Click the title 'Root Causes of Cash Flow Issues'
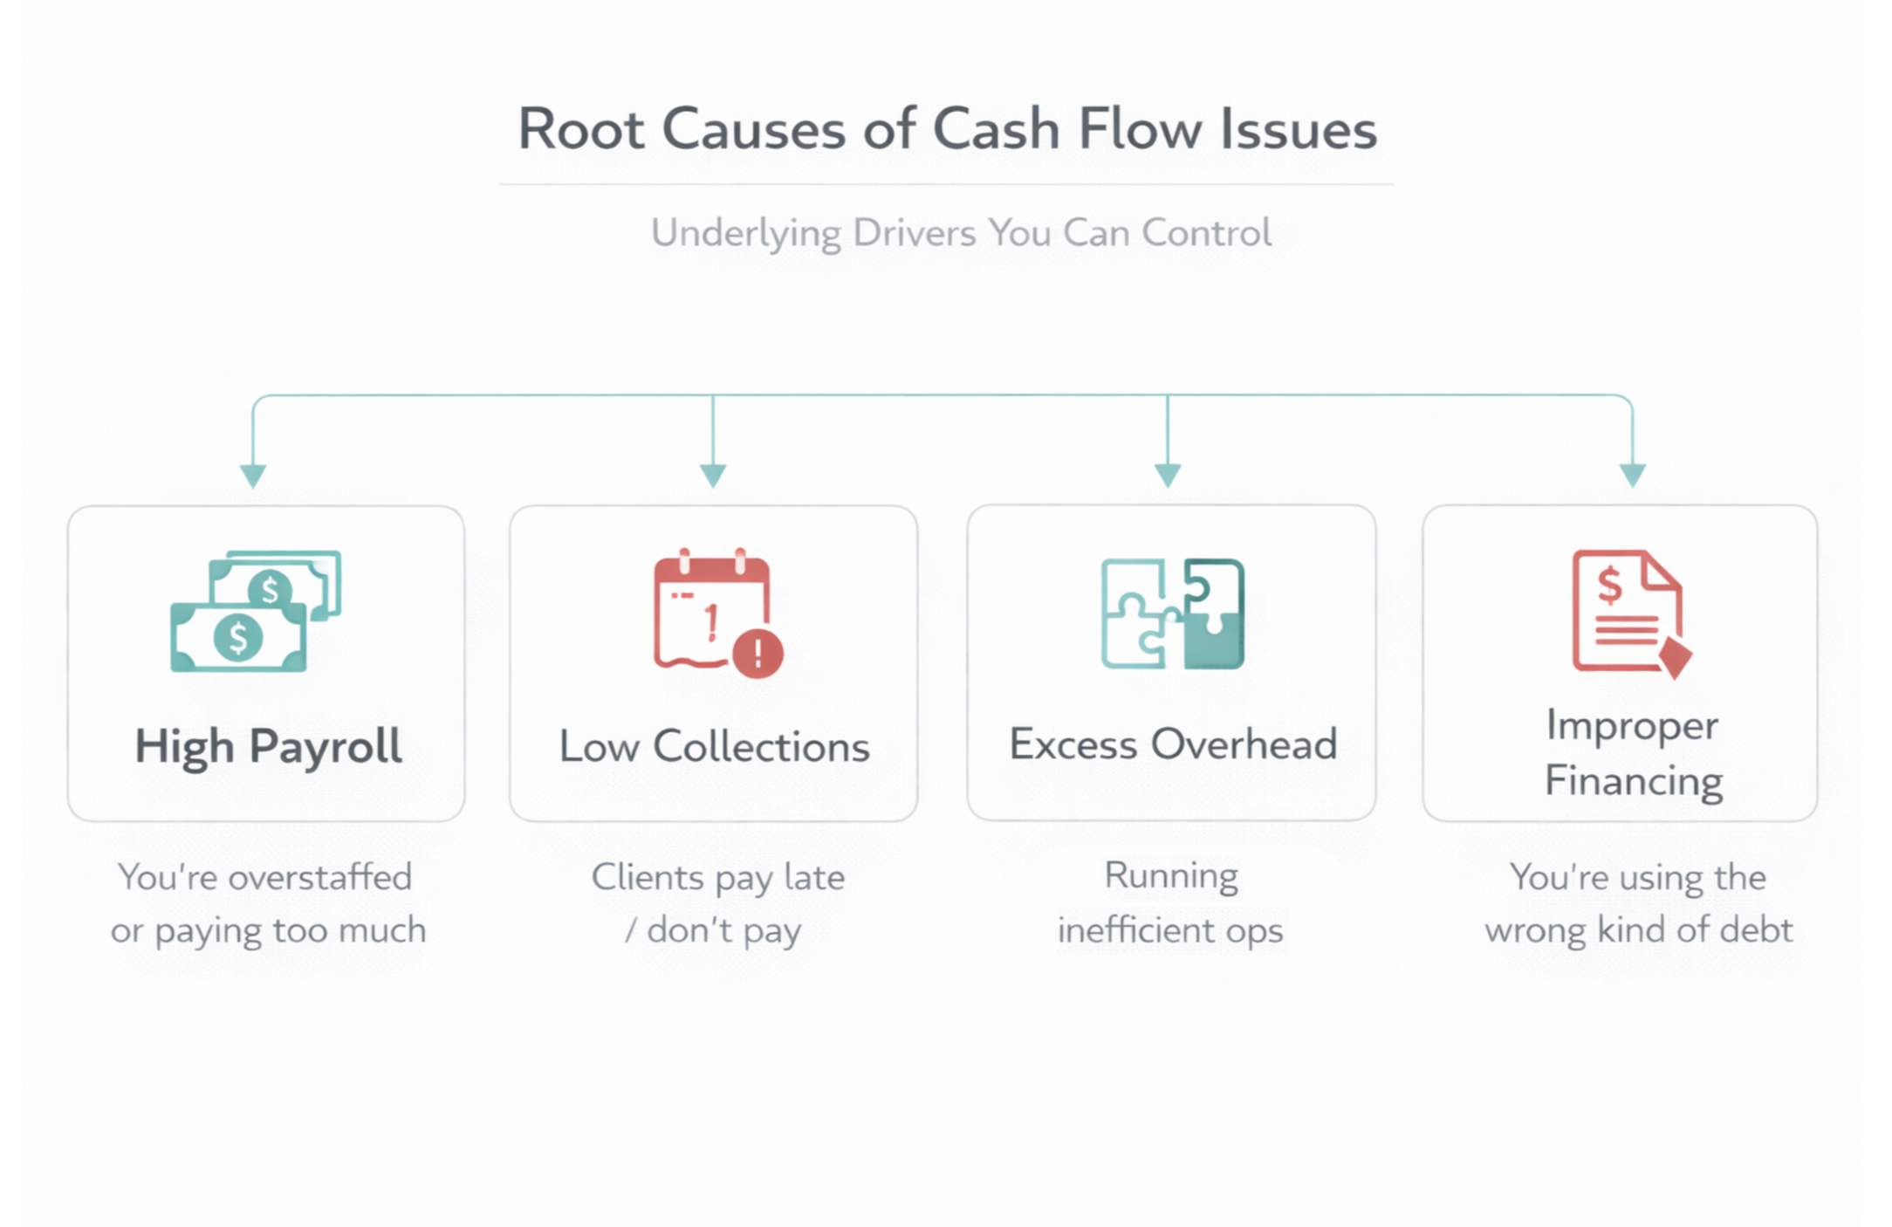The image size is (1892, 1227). [x=947, y=129]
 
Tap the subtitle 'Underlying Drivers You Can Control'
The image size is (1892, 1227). [x=961, y=233]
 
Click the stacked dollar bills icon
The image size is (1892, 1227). [x=255, y=611]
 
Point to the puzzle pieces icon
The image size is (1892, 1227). [x=1172, y=613]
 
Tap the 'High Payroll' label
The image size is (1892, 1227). [x=268, y=747]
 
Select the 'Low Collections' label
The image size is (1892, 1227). [x=714, y=747]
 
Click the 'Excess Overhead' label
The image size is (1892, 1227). [x=1173, y=744]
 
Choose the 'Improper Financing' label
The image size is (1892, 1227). [x=1633, y=752]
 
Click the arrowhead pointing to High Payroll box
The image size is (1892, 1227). [x=253, y=476]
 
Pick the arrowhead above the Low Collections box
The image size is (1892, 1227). [x=713, y=476]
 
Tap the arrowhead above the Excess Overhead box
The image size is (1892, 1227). [x=1168, y=476]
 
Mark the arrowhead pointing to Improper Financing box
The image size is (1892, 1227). [x=1633, y=476]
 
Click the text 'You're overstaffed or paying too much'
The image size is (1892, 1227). [x=267, y=903]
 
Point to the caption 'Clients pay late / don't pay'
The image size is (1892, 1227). [x=717, y=903]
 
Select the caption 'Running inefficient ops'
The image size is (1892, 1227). [x=1170, y=902]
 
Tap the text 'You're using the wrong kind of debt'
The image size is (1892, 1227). [x=1638, y=903]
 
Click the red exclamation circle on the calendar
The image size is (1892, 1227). [x=757, y=653]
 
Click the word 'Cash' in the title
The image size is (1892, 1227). [x=996, y=129]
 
